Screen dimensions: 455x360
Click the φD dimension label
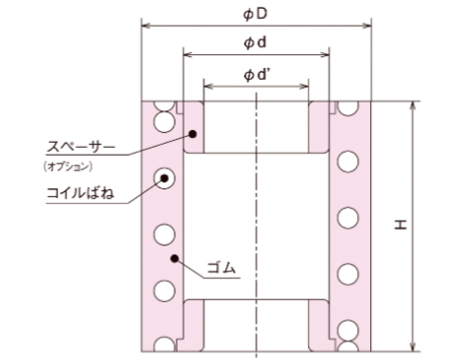pyautogui.click(x=255, y=15)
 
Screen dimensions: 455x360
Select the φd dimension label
pyautogui.click(x=255, y=42)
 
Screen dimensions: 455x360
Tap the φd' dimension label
pyautogui.click(x=257, y=75)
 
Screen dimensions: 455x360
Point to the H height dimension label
pyautogui.click(x=401, y=225)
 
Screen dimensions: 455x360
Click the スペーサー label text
pyautogui.click(x=81, y=146)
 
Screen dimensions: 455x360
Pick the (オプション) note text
pyautogui.click(x=68, y=167)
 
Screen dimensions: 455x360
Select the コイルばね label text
pyautogui.click(x=80, y=193)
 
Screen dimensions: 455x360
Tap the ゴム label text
pyautogui.click(x=221, y=268)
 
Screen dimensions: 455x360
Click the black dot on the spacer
pyautogui.click(x=193, y=134)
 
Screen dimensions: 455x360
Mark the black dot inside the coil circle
pyautogui.click(x=164, y=179)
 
